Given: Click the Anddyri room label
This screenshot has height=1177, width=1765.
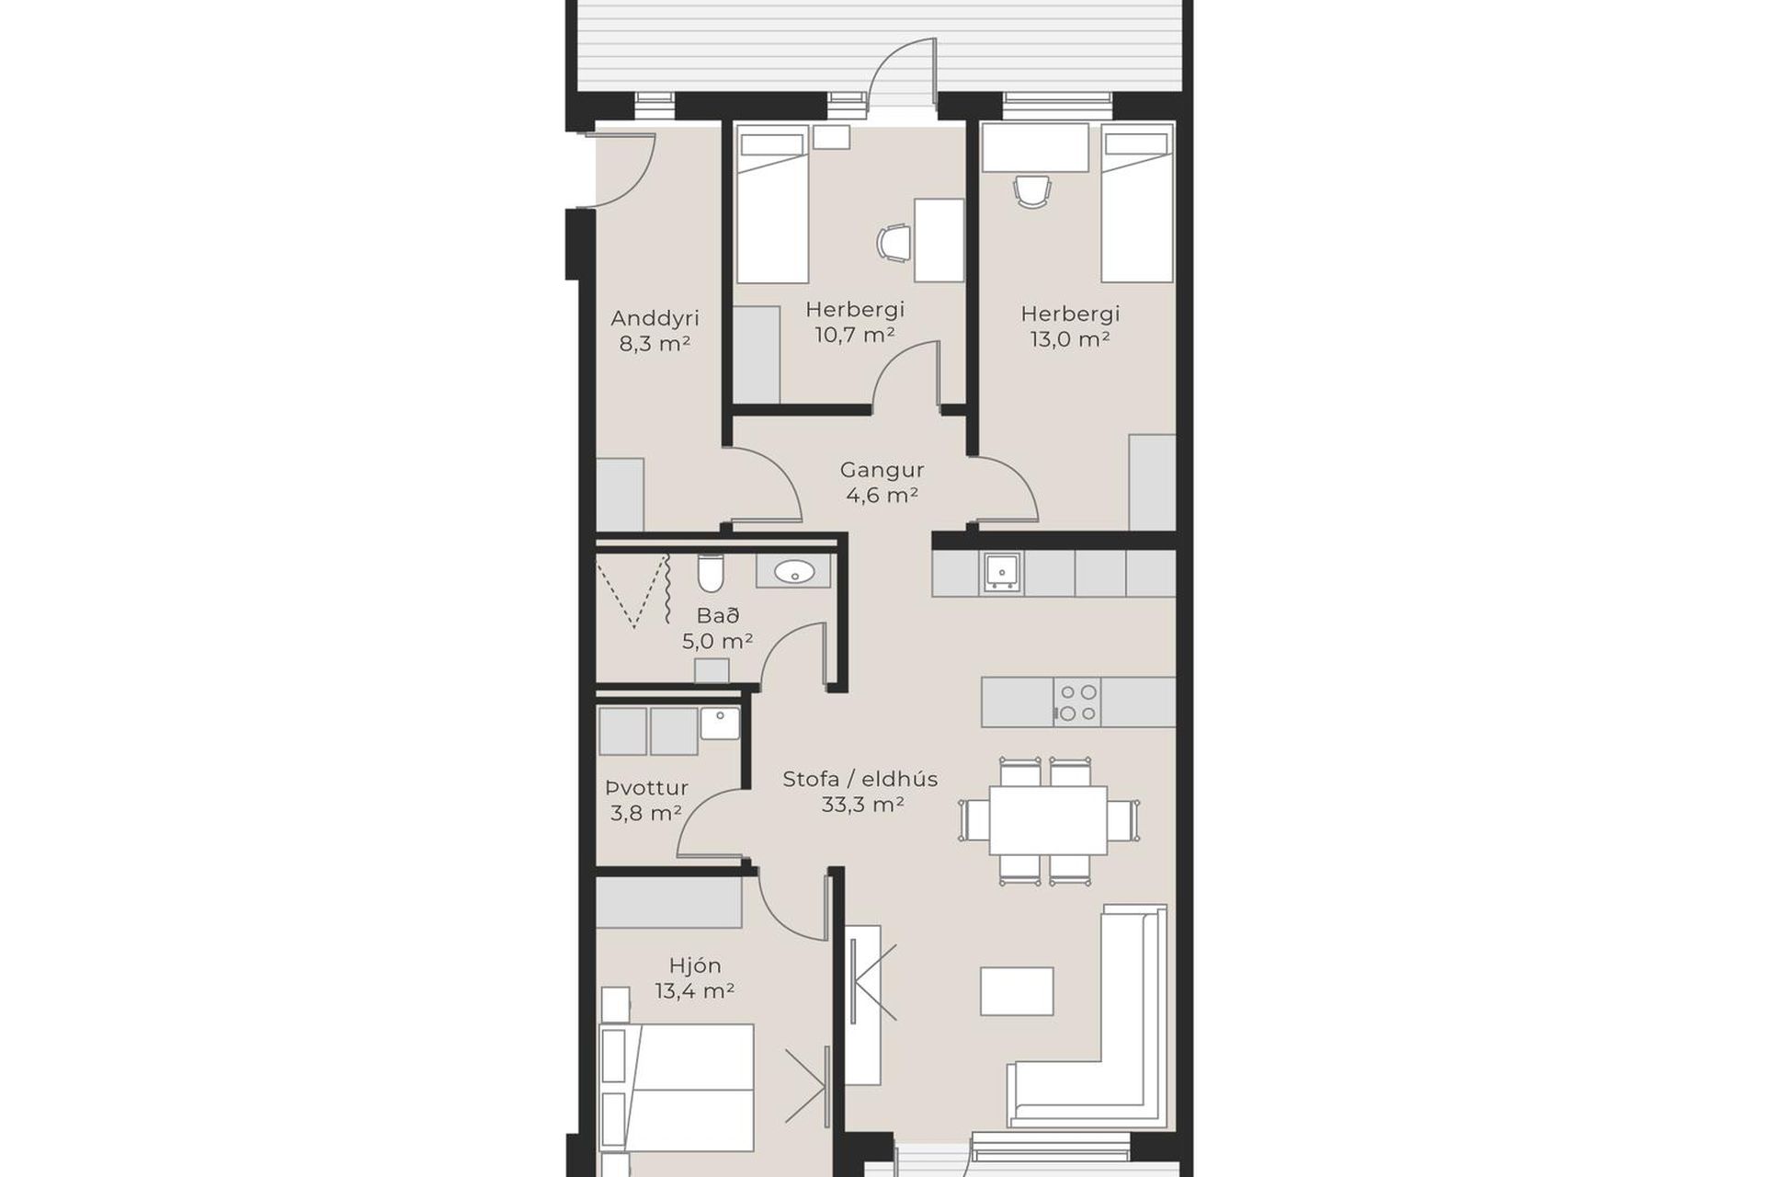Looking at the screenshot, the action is [655, 318].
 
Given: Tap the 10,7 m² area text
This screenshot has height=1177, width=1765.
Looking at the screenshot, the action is [855, 335].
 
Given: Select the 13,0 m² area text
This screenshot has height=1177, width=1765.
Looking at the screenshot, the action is [1070, 339].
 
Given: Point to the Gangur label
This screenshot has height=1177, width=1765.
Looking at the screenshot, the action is [882, 470].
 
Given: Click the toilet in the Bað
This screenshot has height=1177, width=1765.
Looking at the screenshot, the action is [710, 573].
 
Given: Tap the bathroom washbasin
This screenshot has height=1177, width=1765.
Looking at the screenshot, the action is [794, 572].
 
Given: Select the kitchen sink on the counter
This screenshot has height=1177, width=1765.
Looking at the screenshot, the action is [1000, 572].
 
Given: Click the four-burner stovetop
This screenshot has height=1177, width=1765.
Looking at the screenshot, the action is [1077, 703].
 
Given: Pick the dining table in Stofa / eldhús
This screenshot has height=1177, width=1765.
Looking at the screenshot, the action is [1048, 820].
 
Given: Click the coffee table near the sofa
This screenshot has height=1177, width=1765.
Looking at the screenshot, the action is [1017, 991].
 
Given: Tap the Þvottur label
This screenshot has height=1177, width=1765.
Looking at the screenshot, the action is [646, 788].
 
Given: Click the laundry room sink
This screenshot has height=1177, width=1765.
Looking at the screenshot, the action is [720, 724].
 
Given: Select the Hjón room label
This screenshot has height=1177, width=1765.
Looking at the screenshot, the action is [695, 966].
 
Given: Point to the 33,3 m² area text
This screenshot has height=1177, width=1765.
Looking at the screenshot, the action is [862, 806].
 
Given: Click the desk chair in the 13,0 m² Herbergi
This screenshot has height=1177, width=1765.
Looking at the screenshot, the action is [1032, 192].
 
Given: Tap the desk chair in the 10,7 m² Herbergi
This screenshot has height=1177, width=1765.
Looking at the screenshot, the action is [894, 243].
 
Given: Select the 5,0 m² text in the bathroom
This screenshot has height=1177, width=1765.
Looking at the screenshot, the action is [717, 641].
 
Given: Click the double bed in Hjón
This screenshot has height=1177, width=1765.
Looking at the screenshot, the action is [677, 1087].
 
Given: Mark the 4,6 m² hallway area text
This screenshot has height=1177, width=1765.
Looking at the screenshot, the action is [882, 496].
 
